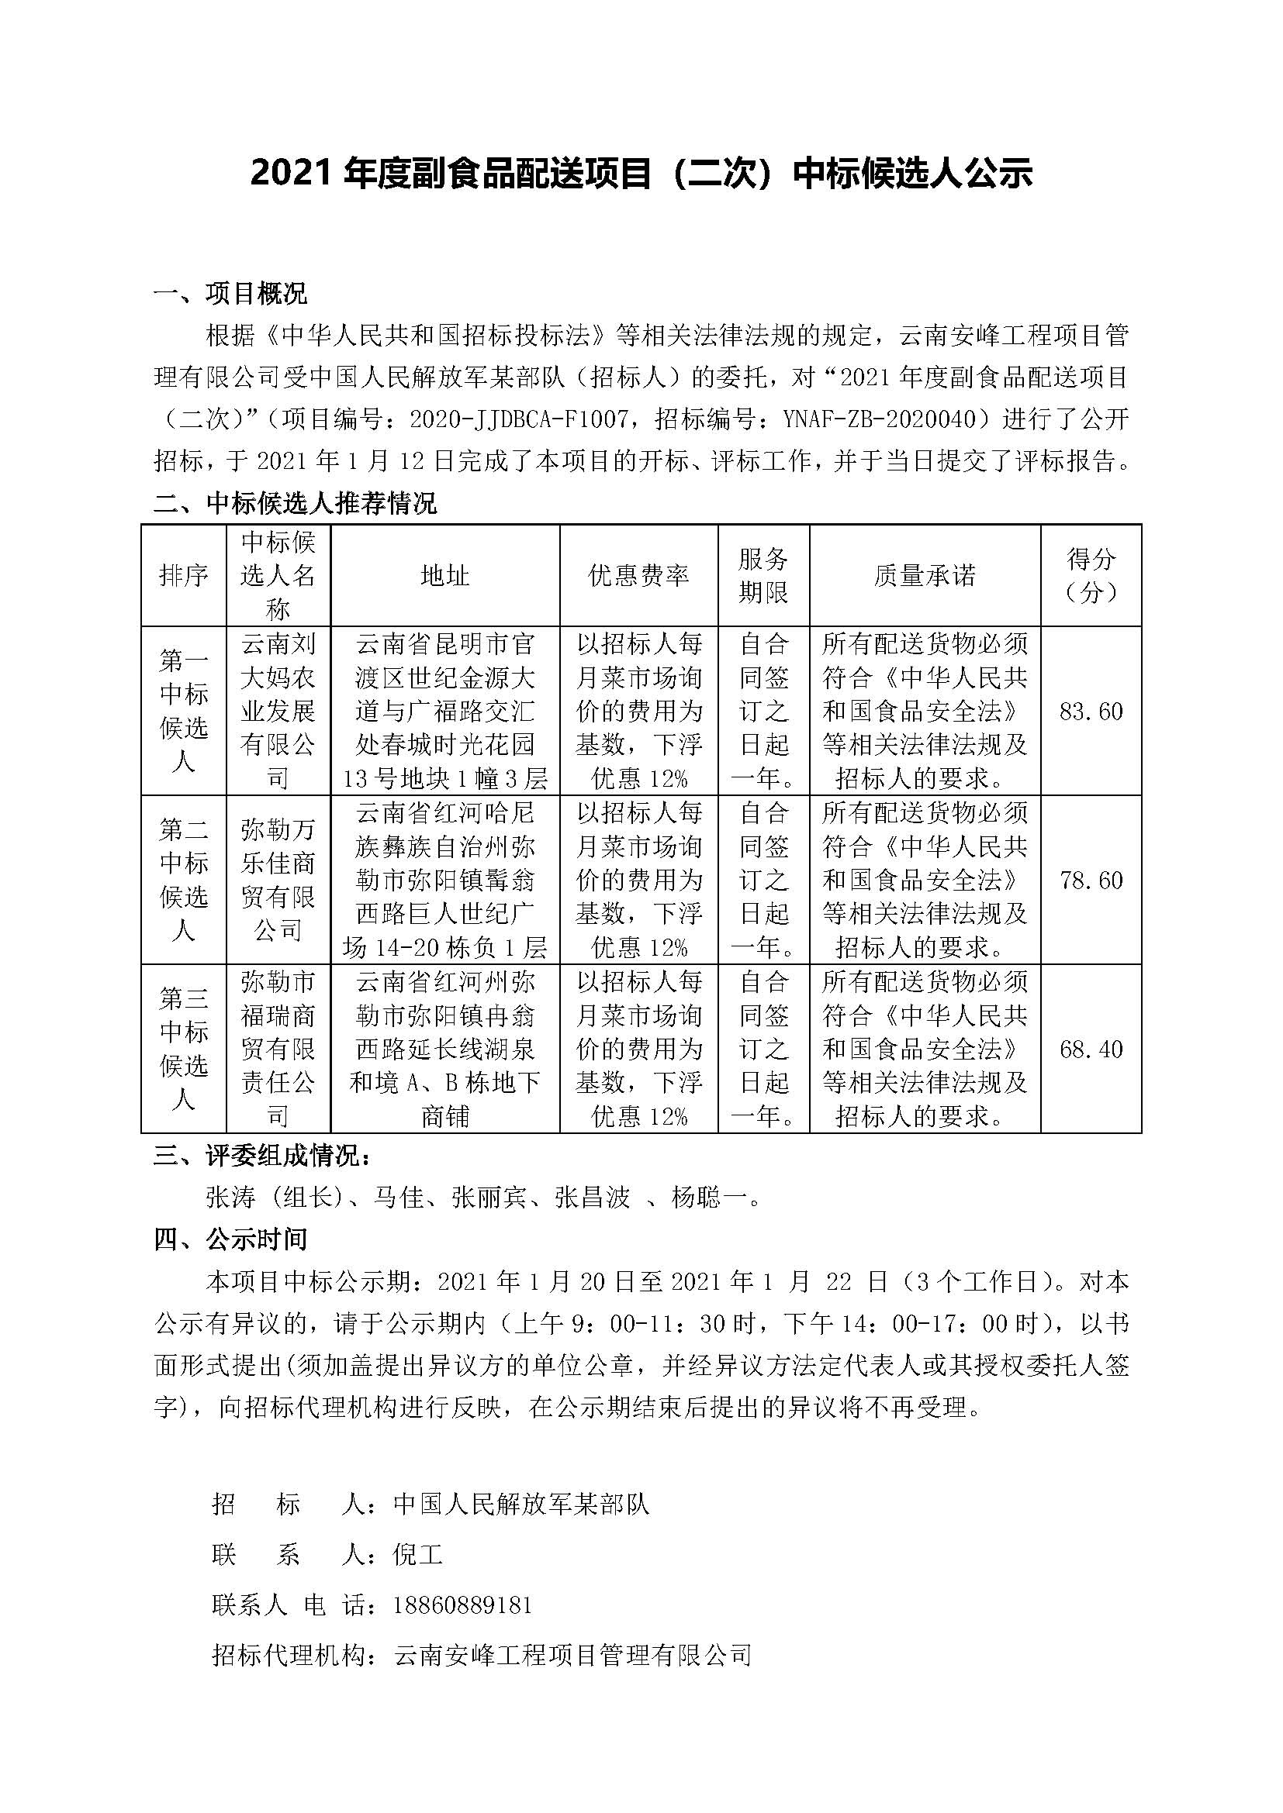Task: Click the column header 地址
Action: (x=444, y=576)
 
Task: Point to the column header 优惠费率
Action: (x=638, y=576)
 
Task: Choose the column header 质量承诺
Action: (x=925, y=576)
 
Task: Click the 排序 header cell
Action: (x=183, y=576)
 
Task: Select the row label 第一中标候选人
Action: (x=183, y=711)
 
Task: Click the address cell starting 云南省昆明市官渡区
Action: (x=444, y=712)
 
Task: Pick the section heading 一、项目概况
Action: (x=230, y=294)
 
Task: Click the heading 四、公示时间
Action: (x=230, y=1239)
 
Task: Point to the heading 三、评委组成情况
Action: (x=261, y=1156)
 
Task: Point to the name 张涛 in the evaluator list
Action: (x=230, y=1198)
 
